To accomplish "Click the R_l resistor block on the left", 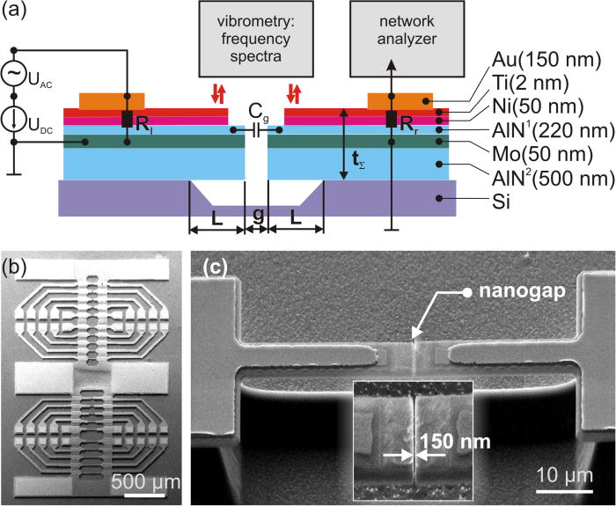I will pyautogui.click(x=128, y=119).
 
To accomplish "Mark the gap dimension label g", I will pyautogui.click(x=256, y=215).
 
